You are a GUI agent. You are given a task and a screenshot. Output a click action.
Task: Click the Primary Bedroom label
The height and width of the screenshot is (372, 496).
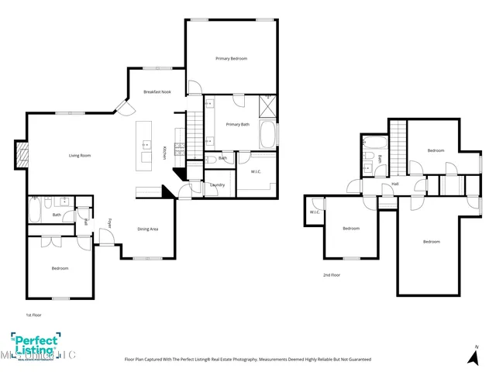click(232, 59)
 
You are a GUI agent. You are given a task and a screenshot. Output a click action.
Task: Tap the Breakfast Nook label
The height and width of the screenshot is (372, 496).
click(157, 92)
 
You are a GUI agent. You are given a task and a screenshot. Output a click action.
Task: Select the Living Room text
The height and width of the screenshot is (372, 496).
click(81, 156)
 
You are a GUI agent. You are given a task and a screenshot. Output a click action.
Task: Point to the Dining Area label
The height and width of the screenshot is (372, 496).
click(148, 229)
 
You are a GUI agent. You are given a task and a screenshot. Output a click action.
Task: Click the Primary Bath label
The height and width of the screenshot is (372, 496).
click(237, 124)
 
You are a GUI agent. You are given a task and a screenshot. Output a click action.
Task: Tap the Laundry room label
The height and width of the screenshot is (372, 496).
click(217, 184)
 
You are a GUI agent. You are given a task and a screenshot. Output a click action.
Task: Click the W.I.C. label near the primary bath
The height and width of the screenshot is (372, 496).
click(255, 171)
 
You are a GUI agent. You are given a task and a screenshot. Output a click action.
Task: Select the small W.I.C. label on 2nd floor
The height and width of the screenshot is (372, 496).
click(315, 212)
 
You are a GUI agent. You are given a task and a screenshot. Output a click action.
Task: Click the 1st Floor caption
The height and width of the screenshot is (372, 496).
click(33, 315)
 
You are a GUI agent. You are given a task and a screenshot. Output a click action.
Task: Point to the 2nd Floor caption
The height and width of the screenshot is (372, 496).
click(332, 274)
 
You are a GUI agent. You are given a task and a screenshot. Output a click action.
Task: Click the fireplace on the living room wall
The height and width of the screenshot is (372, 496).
click(22, 155)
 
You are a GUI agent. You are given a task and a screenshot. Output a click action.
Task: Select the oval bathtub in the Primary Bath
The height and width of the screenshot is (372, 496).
click(267, 135)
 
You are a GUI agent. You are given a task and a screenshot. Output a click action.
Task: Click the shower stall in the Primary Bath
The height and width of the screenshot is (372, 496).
click(268, 106)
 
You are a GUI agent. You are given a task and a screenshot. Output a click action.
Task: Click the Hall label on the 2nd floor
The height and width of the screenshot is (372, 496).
click(394, 184)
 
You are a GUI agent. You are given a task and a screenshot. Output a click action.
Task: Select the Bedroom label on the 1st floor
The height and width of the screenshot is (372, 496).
click(60, 268)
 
